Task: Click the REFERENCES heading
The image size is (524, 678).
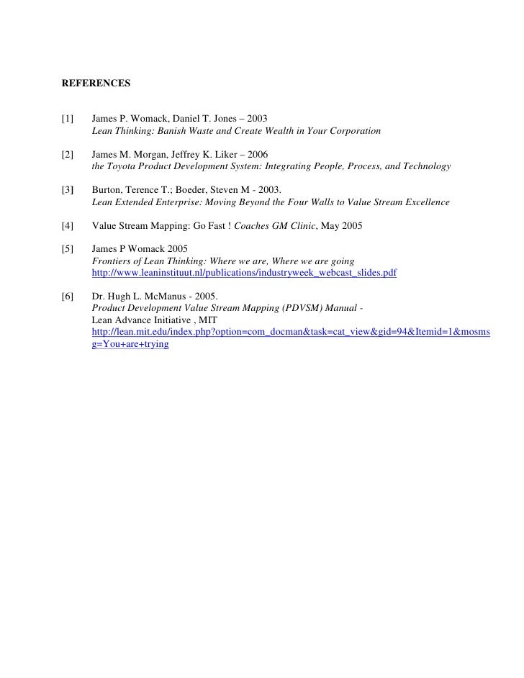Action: coord(96,83)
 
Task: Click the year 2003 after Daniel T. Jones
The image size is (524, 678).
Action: coord(257,117)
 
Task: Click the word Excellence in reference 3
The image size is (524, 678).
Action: coord(424,203)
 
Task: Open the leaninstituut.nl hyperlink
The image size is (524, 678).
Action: coord(244,274)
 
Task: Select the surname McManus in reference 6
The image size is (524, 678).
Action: coord(168,296)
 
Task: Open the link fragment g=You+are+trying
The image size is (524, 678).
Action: coord(130,344)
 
